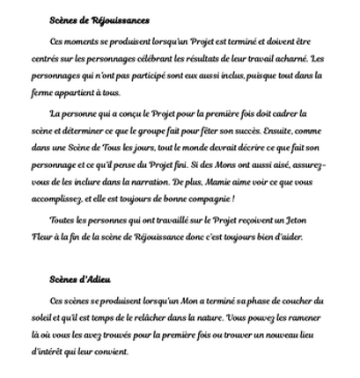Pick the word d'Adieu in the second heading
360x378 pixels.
point(93,280)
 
